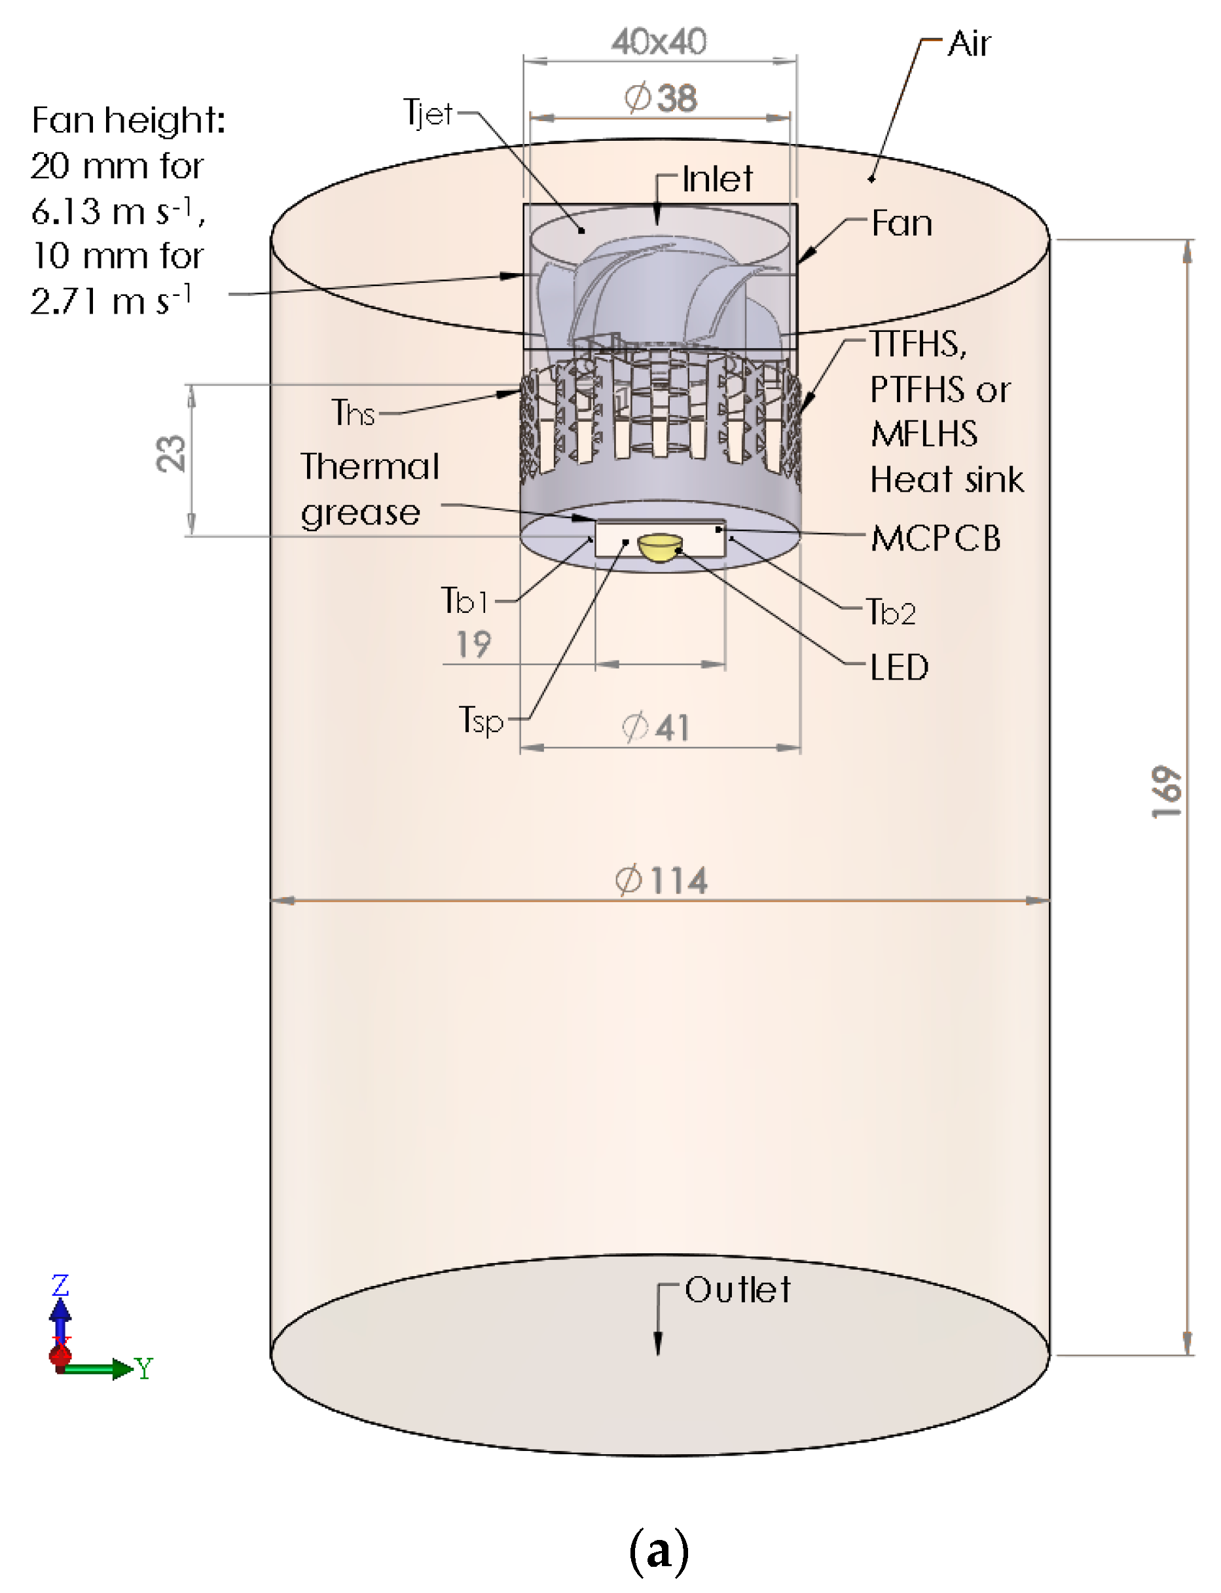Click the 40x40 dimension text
(659, 42)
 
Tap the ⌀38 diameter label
(660, 98)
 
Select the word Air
(969, 45)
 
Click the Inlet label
(718, 179)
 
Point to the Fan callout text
(902, 223)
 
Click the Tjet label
(428, 114)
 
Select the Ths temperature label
(354, 414)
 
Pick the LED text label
(899, 668)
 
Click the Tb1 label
(464, 602)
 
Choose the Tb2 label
(891, 613)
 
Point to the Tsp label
(481, 720)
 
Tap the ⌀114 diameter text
(661, 881)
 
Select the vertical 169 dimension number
(1167, 792)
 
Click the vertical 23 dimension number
(171, 454)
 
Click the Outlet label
(737, 1291)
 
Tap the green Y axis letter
(144, 1369)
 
